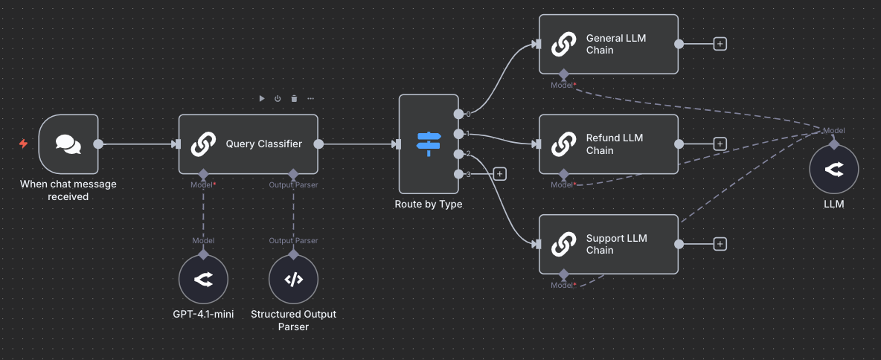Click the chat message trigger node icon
(68, 144)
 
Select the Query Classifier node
(248, 144)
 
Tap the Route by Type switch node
(428, 144)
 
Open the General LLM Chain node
(608, 44)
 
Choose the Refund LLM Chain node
(608, 144)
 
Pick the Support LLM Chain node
(608, 244)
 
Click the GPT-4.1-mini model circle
(203, 280)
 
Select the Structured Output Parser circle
(293, 280)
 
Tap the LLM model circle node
(834, 170)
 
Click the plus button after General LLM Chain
(720, 44)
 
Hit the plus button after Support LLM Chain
(720, 244)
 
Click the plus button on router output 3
(499, 174)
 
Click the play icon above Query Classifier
(261, 98)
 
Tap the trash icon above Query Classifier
(294, 98)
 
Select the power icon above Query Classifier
(278, 98)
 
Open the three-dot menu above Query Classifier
(310, 98)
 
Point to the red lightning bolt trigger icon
(23, 144)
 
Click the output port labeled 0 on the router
(458, 115)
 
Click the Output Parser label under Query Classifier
(293, 184)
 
